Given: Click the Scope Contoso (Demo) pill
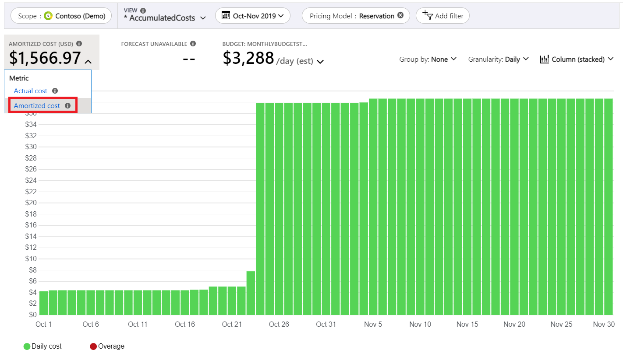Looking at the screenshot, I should [61, 16].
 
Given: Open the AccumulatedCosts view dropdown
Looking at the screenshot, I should [165, 18].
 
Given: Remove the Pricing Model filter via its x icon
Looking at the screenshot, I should [400, 16].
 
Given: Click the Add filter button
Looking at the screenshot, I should [442, 16].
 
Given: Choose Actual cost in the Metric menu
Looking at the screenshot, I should [31, 91].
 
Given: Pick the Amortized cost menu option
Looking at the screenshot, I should [37, 106].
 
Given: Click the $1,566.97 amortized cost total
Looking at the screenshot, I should [45, 58].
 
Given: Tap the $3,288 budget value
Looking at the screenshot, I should [248, 58].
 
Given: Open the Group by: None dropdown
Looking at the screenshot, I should [428, 59].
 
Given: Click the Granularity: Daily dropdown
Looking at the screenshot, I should [498, 59].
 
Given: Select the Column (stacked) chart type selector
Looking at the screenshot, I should [577, 59].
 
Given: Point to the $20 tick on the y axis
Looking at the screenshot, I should [30, 203].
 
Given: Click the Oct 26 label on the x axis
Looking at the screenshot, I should [279, 325].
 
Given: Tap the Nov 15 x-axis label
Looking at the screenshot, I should [467, 325].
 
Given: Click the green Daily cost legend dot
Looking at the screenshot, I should [27, 346].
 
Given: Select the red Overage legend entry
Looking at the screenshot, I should [107, 346].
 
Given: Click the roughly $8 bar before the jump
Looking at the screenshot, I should [251, 293].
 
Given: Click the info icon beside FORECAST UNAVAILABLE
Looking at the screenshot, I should [193, 44].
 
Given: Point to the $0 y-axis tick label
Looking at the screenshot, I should [32, 315].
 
